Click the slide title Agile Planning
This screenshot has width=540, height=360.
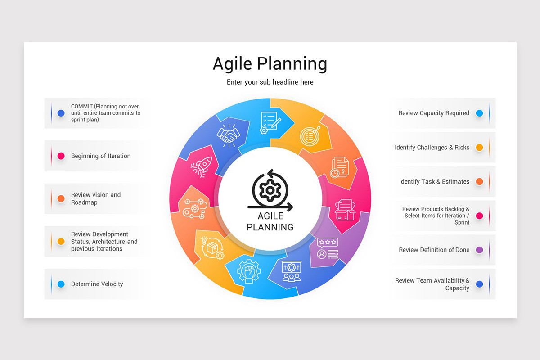pyautogui.click(x=270, y=64)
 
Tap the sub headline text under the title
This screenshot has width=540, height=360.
pyautogui.click(x=270, y=82)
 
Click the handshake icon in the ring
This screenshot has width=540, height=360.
pyautogui.click(x=228, y=135)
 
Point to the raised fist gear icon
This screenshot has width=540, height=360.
pyautogui.click(x=249, y=271)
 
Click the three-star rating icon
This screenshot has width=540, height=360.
pyautogui.click(x=328, y=248)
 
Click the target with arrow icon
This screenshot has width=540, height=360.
pyautogui.click(x=310, y=135)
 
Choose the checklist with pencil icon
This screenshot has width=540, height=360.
pyautogui.click(x=270, y=122)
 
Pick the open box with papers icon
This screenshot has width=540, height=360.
pyautogui.click(x=345, y=210)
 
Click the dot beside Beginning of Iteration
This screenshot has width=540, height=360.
pyautogui.click(x=61, y=156)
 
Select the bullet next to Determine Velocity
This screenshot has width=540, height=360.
pyautogui.click(x=61, y=284)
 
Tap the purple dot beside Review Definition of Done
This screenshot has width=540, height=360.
pyautogui.click(x=480, y=250)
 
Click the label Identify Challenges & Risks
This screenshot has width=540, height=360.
pyautogui.click(x=432, y=148)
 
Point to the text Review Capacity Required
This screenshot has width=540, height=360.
pyautogui.click(x=434, y=113)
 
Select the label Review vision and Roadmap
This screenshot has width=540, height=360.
pyautogui.click(x=96, y=198)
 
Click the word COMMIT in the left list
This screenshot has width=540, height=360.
pyautogui.click(x=82, y=106)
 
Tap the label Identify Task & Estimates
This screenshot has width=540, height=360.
pyautogui.click(x=434, y=181)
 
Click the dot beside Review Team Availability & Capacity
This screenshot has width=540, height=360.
pyautogui.click(x=480, y=284)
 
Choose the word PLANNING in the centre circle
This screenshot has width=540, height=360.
pyautogui.click(x=270, y=227)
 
